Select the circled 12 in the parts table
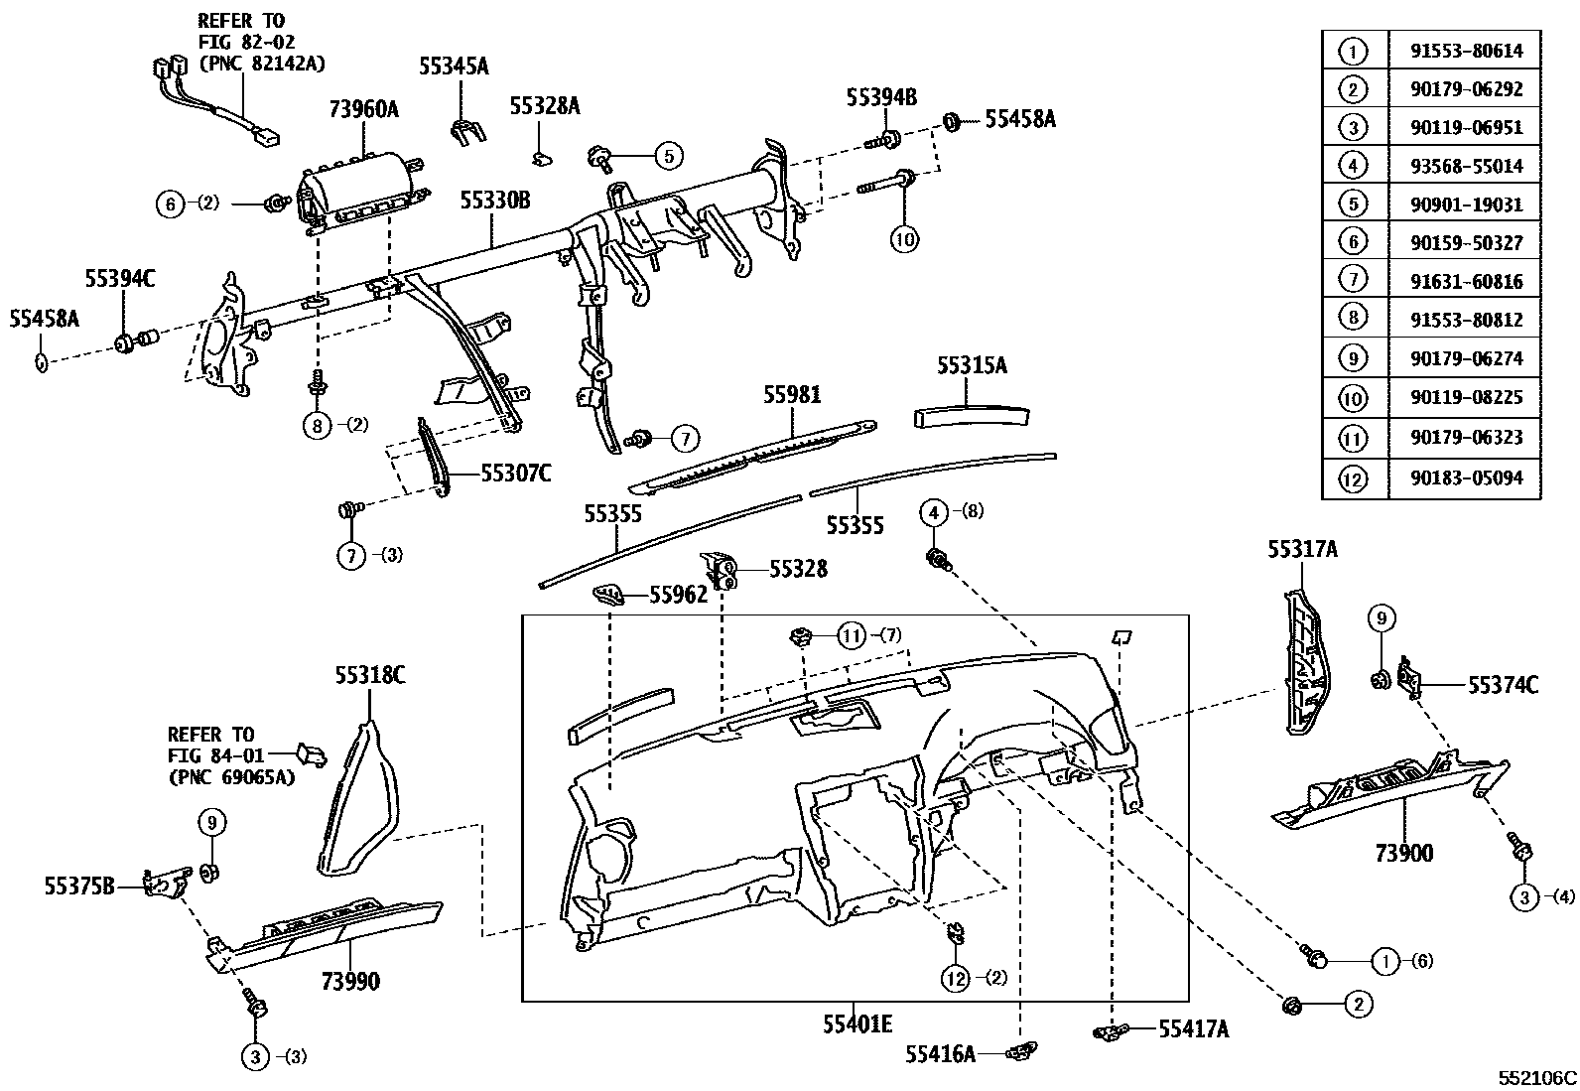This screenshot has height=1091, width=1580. point(1353,478)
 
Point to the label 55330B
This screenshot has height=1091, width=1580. point(494,202)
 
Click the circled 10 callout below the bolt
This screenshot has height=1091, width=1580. point(905,238)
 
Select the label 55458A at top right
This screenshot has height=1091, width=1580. point(1019,120)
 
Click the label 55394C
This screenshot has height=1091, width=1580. point(120,280)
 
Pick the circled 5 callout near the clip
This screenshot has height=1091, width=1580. point(669,155)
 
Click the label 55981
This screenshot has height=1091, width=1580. point(792,394)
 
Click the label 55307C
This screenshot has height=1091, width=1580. point(516,474)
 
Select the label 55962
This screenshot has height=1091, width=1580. point(679,595)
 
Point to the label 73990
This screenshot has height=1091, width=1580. point(350,982)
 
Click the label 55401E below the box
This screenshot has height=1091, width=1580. point(856,1023)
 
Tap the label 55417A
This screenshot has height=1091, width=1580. point(1193,1030)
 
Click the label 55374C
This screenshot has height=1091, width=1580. point(1503,684)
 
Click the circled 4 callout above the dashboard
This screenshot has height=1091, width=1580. point(934,513)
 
